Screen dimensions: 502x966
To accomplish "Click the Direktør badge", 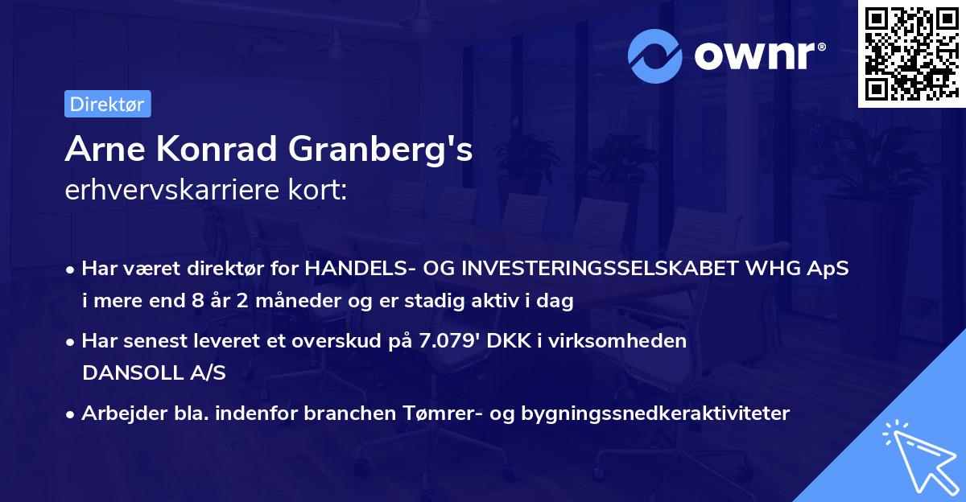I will click(107, 104).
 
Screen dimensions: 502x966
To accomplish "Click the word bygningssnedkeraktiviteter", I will click(656, 414).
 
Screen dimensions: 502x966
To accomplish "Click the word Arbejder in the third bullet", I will click(118, 414).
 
